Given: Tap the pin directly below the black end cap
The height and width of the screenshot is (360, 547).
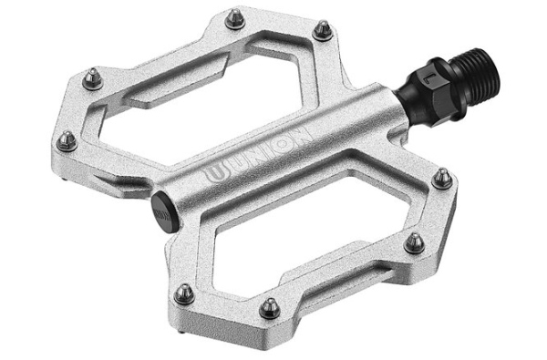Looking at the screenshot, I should [183, 292].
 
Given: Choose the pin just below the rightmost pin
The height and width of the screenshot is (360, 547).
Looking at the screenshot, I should [413, 242].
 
